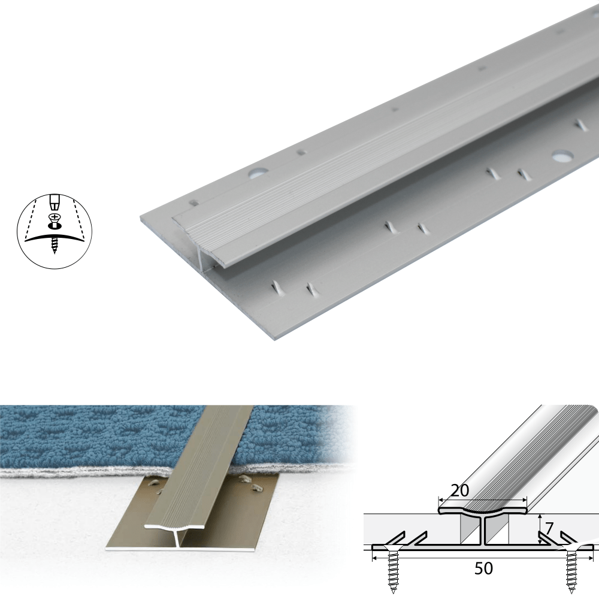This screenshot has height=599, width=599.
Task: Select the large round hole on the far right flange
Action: click(x=562, y=157)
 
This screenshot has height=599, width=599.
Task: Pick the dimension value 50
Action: click(x=483, y=568)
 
